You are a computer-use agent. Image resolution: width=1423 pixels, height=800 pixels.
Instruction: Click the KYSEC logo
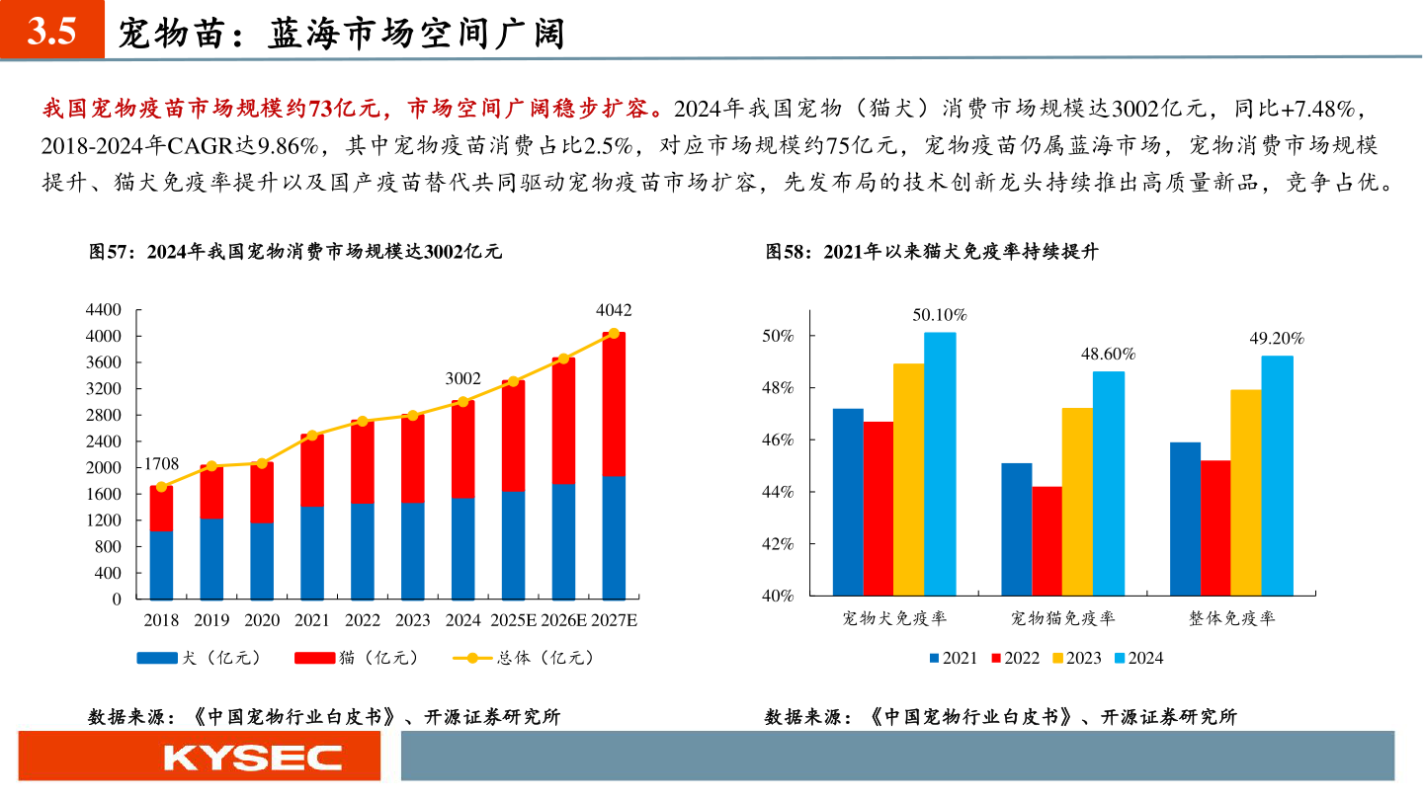[x=252, y=758]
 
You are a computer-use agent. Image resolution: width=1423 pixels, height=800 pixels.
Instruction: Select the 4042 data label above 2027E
[x=614, y=310]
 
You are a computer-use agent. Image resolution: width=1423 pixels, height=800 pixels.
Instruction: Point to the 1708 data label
[x=161, y=463]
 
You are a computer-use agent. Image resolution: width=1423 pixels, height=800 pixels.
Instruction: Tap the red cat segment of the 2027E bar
[x=614, y=405]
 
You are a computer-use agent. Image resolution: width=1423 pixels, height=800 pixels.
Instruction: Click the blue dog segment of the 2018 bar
[x=161, y=564]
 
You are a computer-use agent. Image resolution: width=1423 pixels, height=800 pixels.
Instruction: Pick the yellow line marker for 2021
[x=312, y=436]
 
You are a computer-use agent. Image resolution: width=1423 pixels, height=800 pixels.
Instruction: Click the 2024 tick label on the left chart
[x=462, y=620]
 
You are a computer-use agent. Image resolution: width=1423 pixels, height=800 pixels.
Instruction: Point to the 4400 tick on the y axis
[x=103, y=310]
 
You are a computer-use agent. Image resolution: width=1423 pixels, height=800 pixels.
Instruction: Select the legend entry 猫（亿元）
[x=357, y=658]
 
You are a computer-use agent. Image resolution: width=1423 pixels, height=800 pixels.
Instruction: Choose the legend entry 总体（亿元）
[x=524, y=658]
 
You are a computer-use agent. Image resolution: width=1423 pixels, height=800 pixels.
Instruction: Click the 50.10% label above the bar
[x=939, y=316]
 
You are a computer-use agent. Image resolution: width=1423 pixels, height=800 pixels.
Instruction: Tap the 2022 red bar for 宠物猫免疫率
[x=1046, y=541]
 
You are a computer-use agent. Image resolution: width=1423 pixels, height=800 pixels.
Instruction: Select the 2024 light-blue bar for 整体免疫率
[x=1277, y=475]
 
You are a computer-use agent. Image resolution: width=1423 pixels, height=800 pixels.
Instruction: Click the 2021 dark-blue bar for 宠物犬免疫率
[x=848, y=502]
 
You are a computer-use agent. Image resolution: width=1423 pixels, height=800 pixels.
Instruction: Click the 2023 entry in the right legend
[x=1075, y=658]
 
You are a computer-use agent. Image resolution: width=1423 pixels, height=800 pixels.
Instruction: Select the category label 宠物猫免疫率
[x=1062, y=619]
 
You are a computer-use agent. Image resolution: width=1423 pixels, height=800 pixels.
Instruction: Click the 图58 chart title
[x=932, y=252]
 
